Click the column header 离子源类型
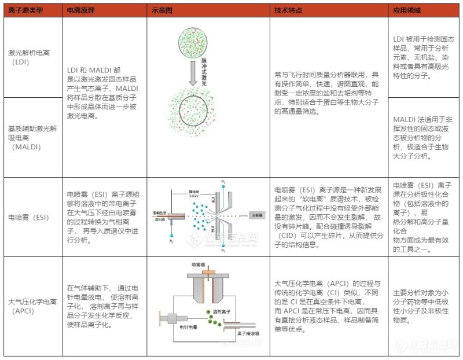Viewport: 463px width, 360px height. (25, 10)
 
